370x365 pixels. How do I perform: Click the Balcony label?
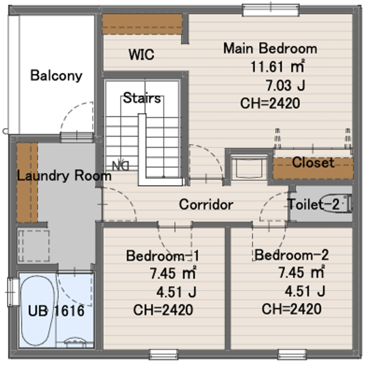coord(57,76)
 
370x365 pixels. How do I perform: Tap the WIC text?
coord(142,54)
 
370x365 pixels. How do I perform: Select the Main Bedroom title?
coord(270,48)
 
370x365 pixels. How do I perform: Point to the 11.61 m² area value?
coord(277,66)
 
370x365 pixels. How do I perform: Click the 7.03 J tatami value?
coord(286,85)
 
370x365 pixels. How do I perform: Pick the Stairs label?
coord(142,98)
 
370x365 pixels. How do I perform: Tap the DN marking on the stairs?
coord(121,166)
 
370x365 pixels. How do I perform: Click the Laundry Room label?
coord(64,175)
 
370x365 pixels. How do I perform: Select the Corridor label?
coord(206,204)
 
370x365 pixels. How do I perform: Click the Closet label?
coord(313,163)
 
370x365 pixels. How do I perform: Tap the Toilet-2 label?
coord(313,204)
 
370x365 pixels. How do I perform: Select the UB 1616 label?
coord(56,311)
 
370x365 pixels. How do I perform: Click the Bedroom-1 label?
coord(163,255)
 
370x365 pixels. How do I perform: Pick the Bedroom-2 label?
coord(292,255)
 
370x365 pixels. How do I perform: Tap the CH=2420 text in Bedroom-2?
coord(292,308)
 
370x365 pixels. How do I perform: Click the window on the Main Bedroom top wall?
coord(271,10)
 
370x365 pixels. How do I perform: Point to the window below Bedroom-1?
coord(163,354)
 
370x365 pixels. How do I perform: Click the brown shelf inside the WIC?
coord(142,24)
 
